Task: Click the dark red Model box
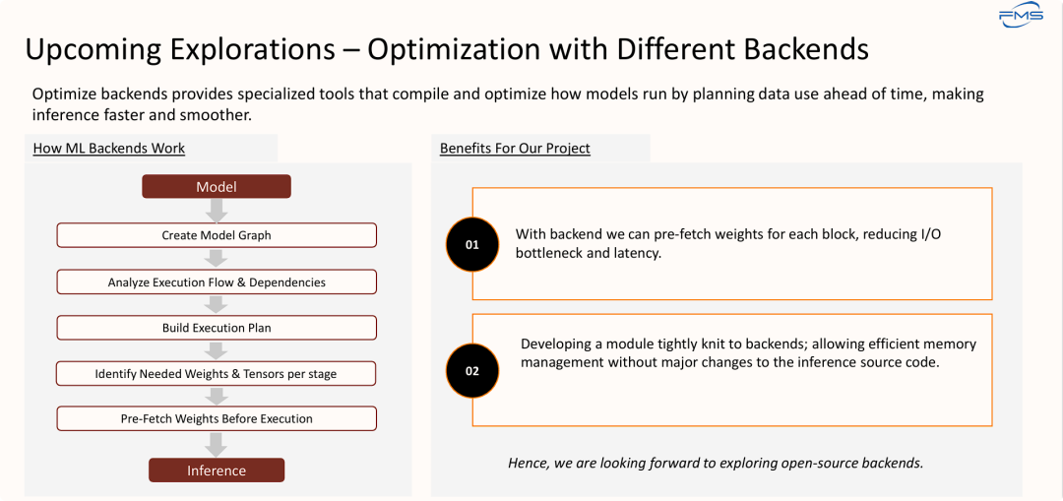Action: pyautogui.click(x=217, y=186)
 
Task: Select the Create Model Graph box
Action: pyautogui.click(x=217, y=235)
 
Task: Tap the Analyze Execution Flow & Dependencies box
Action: pyautogui.click(x=217, y=282)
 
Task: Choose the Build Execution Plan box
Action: pyautogui.click(x=217, y=328)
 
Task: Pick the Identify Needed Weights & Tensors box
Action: pyautogui.click(x=217, y=373)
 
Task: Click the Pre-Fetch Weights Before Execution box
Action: pyautogui.click(x=217, y=418)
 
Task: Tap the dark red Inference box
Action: pyautogui.click(x=217, y=470)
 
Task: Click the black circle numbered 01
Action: pyautogui.click(x=472, y=245)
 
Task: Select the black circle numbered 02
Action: pyautogui.click(x=472, y=371)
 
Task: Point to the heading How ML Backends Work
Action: pyautogui.click(x=108, y=149)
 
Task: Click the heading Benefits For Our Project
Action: pyautogui.click(x=515, y=149)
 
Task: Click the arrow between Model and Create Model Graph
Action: pyautogui.click(x=217, y=211)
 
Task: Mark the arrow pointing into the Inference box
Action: pyautogui.click(x=217, y=445)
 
